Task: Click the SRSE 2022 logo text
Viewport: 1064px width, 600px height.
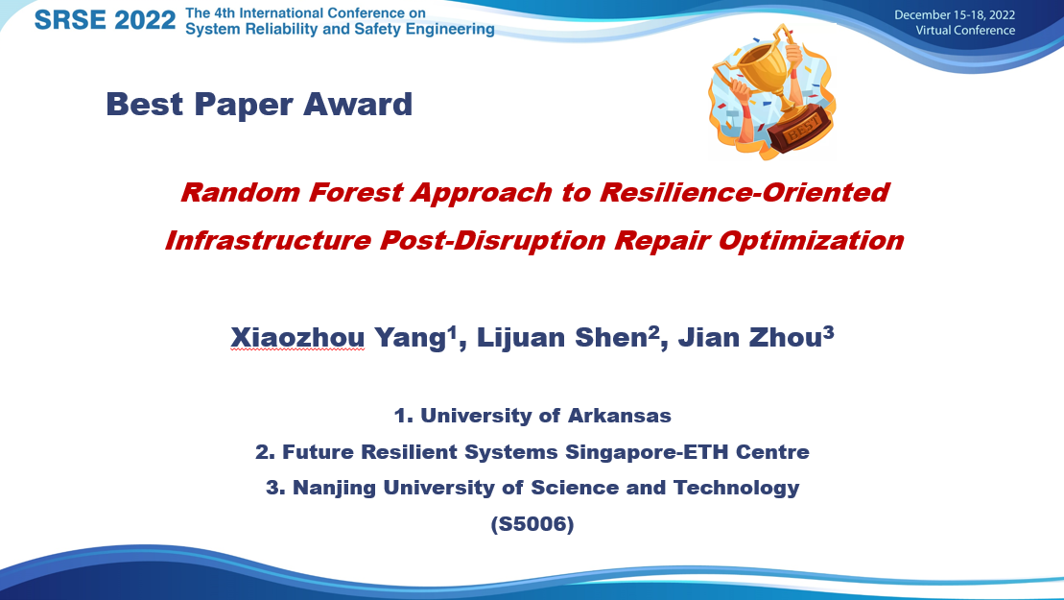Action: pos(106,20)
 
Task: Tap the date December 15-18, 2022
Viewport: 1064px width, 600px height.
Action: pos(954,15)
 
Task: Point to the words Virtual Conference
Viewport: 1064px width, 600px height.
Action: pos(965,31)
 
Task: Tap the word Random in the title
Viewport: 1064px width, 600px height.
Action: pos(240,193)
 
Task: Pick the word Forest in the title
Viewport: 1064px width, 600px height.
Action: pos(356,193)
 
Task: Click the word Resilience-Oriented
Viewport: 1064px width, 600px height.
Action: pos(745,193)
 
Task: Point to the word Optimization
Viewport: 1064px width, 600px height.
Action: pos(811,241)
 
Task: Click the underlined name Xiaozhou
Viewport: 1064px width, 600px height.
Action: pos(297,338)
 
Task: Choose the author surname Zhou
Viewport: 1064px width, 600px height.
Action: pos(785,338)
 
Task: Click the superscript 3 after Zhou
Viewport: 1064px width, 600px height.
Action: pos(829,332)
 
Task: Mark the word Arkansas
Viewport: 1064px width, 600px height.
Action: pos(619,416)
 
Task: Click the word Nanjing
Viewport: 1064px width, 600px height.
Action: pos(334,488)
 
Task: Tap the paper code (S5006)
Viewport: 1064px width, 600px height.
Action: pos(532,524)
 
